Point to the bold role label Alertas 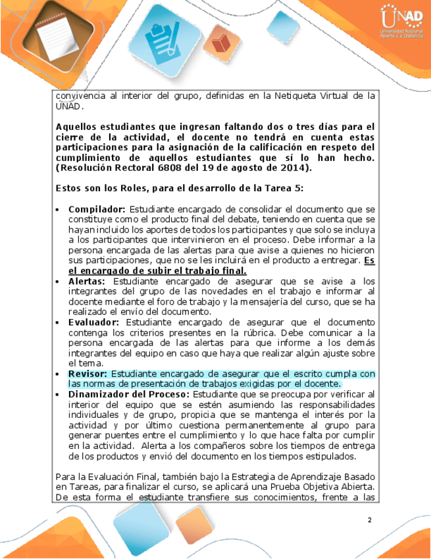(88, 281)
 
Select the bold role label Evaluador (94, 322)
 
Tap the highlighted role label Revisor (88, 373)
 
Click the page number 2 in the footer (370, 521)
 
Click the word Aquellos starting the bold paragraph (78, 127)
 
